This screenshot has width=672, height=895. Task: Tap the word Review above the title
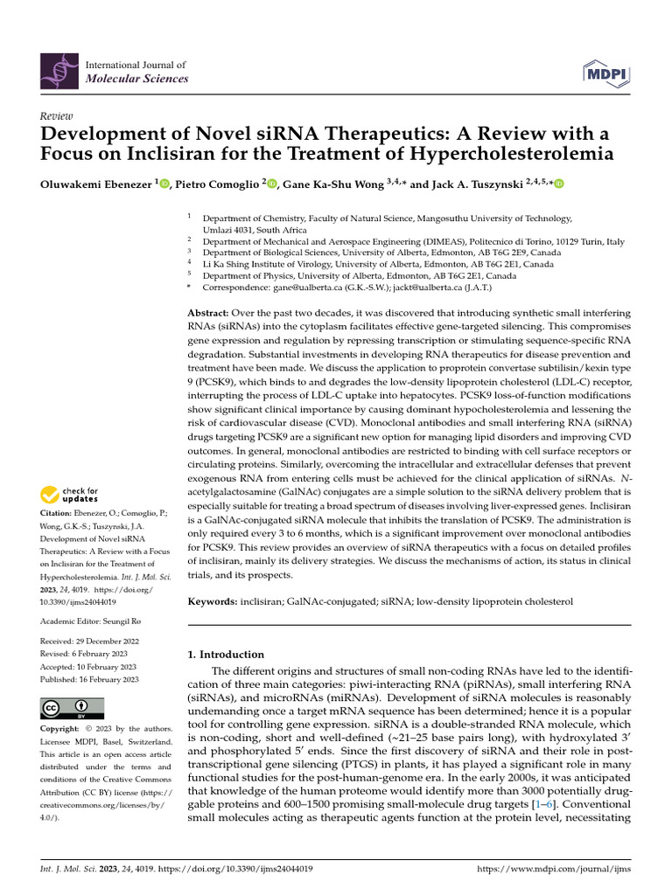click(x=57, y=116)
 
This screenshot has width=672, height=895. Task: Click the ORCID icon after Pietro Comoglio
click(x=271, y=184)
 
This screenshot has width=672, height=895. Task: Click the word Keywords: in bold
click(x=213, y=602)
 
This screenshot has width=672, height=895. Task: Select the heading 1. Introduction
click(x=226, y=654)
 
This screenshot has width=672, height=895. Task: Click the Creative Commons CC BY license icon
click(x=72, y=709)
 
